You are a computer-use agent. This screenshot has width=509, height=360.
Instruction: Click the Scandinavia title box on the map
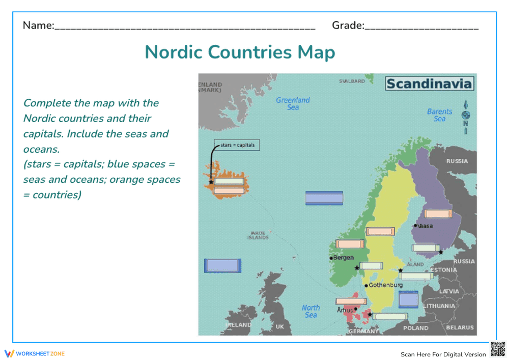coord(430,84)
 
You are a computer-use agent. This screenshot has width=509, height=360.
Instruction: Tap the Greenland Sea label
coord(293,103)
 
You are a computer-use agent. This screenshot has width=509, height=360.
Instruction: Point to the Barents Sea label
coord(439,115)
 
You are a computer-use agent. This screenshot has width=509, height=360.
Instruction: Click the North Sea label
coord(310,311)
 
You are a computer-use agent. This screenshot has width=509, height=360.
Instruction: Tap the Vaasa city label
coord(425,226)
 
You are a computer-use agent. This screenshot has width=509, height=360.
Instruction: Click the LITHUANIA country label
coord(439,306)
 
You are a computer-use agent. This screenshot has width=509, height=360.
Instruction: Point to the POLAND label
coord(415,328)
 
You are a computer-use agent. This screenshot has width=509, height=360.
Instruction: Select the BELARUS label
coord(460,328)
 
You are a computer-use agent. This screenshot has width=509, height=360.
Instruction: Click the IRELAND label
coord(238,324)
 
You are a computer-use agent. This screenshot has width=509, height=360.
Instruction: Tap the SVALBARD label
coord(352,81)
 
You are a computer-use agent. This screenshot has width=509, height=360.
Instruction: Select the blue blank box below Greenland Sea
coord(324,198)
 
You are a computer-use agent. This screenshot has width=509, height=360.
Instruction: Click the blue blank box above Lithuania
coord(408,299)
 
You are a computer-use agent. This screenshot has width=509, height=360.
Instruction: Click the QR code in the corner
coord(498,349)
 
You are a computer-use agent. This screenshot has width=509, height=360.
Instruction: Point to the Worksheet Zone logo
coord(35,353)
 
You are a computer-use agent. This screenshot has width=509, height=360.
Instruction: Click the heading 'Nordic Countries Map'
coord(240,52)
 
